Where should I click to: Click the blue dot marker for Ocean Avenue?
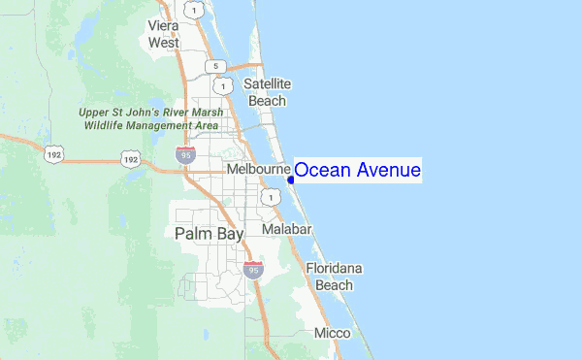291,180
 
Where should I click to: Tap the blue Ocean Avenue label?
357,171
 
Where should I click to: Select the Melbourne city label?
258,170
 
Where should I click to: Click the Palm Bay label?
210,234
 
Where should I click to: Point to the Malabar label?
286,229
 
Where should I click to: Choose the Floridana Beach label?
334,277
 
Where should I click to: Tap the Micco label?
332,333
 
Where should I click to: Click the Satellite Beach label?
268,92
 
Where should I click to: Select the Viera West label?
163,34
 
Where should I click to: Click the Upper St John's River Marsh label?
152,118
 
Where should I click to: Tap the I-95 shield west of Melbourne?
184,154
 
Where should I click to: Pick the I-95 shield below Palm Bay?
253,269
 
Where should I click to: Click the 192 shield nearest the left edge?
50,153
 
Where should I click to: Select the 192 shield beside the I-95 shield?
130,157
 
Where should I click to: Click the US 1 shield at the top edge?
196,10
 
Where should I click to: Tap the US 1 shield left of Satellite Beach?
226,86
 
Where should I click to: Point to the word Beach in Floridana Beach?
334,285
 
